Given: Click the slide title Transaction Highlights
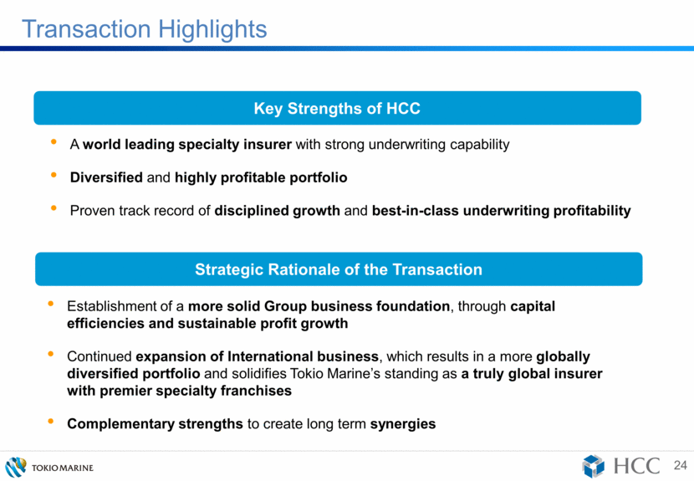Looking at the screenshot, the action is (x=145, y=29).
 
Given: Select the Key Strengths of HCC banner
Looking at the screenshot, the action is (x=337, y=108).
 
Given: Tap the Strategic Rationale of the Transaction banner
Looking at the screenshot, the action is (x=339, y=269).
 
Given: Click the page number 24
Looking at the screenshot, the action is (x=681, y=465).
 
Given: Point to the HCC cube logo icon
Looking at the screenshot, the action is (x=593, y=467).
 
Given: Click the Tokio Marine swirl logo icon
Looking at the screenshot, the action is (x=16, y=468).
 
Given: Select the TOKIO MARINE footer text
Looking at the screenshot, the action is (x=63, y=468).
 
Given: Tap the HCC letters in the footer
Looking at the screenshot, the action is (x=637, y=466).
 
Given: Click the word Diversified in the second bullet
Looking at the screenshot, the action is (x=106, y=177).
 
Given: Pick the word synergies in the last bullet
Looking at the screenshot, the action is (x=403, y=424).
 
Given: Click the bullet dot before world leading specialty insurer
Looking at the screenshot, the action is (x=54, y=141).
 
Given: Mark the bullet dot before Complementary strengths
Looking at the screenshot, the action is (x=50, y=422).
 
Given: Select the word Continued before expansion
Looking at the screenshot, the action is (x=100, y=356).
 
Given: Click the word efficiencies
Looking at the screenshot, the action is (x=106, y=324).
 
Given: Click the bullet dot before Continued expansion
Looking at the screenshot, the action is (x=50, y=354).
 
